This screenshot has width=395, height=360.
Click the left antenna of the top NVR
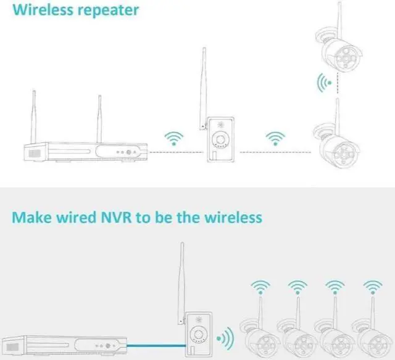[33, 118]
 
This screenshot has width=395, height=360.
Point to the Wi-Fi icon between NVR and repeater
[173, 138]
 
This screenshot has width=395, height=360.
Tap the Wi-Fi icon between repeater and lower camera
[274, 138]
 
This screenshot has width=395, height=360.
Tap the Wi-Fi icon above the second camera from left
[297, 287]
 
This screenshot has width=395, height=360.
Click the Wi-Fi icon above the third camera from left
[335, 287]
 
